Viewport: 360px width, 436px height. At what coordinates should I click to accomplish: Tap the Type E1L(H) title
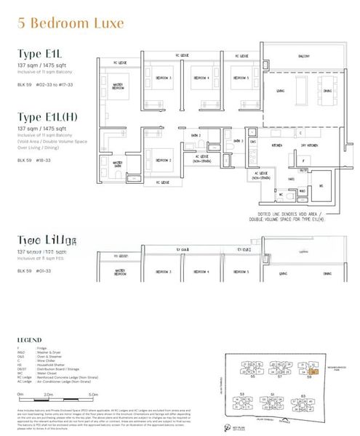pyautogui.click(x=50, y=117)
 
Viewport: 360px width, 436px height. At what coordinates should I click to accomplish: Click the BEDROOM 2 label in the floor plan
pyautogui.click(x=164, y=160)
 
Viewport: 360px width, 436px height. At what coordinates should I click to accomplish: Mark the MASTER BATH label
pyautogui.click(x=110, y=163)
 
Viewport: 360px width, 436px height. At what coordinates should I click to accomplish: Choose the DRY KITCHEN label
pyautogui.click(x=306, y=145)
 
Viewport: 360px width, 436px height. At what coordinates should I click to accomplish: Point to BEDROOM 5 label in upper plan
pyautogui.click(x=241, y=78)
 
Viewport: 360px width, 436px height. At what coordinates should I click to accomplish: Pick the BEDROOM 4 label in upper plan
pyautogui.click(x=201, y=78)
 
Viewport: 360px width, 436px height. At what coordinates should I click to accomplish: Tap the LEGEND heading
pyautogui.click(x=30, y=339)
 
